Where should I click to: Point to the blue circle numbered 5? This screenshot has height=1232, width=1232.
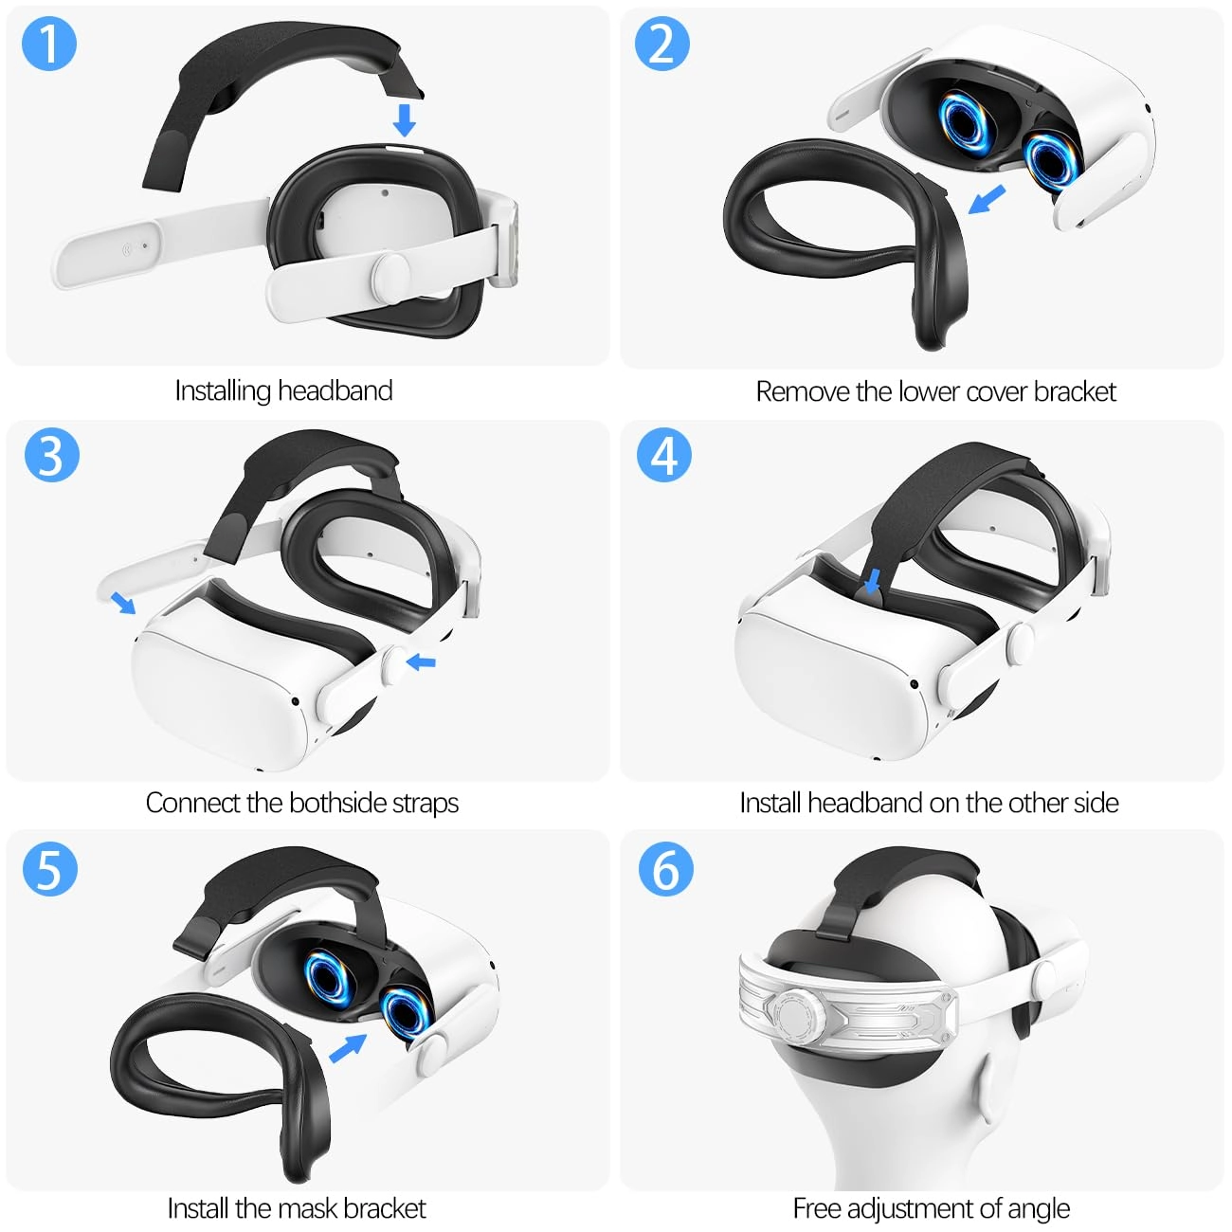49,868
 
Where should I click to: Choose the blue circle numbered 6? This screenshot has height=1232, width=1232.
665,868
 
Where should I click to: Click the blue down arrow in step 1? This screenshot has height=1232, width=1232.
405,120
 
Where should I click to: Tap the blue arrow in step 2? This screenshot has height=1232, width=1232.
987,199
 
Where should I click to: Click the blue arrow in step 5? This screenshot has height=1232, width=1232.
348,1048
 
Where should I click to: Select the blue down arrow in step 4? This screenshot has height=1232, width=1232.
874,581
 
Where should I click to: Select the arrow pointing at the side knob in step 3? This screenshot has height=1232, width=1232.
420,661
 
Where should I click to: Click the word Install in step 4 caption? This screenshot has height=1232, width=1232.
770,803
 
